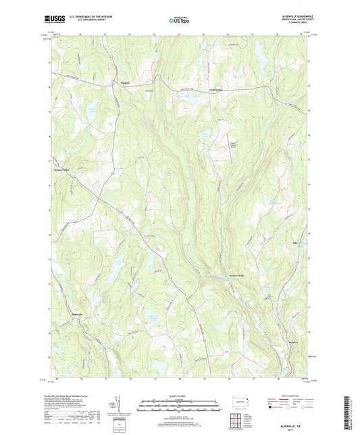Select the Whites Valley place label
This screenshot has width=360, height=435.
[x=62, y=171]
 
